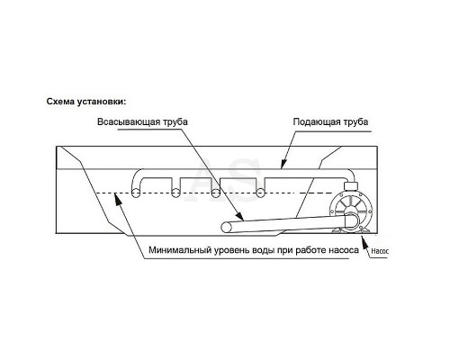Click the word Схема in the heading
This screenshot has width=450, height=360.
(60, 102)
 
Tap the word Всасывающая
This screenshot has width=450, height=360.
(129, 121)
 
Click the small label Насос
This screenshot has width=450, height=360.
(380, 251)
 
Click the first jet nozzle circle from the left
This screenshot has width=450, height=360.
(136, 193)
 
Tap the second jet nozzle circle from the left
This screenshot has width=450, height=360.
(175, 193)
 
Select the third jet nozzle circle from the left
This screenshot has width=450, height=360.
(215, 193)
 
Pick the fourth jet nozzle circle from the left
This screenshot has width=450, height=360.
(260, 193)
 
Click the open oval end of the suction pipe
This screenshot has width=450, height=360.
(226, 228)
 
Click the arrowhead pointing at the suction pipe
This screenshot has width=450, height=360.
(238, 216)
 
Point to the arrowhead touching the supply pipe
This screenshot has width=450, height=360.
(283, 164)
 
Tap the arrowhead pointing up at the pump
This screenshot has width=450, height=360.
(364, 242)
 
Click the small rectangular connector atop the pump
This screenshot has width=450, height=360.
(350, 186)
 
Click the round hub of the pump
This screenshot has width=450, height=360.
(351, 220)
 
